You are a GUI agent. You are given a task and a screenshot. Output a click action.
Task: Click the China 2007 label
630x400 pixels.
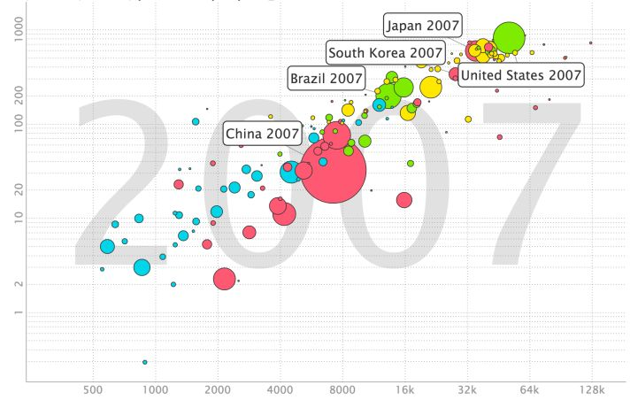263,134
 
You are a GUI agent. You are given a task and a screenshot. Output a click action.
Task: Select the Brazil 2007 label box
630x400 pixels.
327,79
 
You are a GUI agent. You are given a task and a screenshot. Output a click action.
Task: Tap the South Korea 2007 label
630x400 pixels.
386,53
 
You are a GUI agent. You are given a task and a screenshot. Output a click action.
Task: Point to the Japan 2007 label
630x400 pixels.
423,25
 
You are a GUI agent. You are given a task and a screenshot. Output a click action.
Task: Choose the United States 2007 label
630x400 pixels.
521,75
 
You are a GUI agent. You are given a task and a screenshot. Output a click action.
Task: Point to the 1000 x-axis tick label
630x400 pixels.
156,389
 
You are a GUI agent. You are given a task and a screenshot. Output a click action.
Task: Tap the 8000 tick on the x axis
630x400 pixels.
342,389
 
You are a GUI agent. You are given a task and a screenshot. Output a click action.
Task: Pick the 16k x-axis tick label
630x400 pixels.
404,389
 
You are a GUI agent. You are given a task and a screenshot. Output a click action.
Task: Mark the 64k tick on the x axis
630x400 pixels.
529,389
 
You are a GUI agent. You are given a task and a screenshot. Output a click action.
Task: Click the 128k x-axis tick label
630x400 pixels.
591,389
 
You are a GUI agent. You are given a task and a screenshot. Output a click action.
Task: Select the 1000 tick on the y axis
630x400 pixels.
13,32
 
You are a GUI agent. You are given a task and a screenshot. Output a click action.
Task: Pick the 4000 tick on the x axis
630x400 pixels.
280,389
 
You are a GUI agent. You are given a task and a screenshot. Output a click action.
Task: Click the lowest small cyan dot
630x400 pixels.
145,362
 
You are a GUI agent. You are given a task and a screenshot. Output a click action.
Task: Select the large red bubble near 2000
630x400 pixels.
225,279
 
